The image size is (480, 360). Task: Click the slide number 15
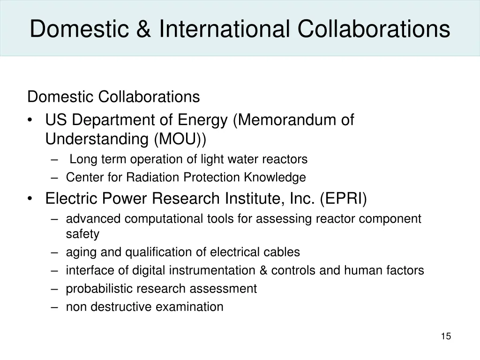pos(446,336)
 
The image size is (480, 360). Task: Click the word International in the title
pos(224,29)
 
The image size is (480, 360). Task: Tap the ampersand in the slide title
pos(144,29)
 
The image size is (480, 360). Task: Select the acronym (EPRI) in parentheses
pos(344,199)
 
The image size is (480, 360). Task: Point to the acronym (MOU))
pos(180,139)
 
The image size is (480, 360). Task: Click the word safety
pos(82,233)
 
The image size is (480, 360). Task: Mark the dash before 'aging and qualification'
pos(55,252)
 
